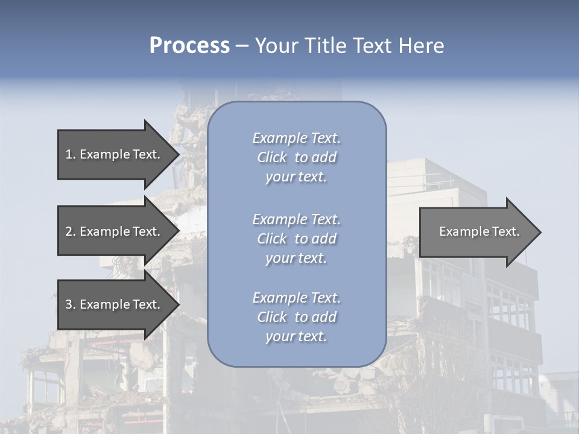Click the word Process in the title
click(x=189, y=46)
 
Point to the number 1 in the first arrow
click(x=69, y=154)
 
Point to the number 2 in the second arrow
click(x=69, y=231)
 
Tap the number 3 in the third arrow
click(x=69, y=304)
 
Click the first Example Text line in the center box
click(x=296, y=138)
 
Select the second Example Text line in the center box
click(x=296, y=219)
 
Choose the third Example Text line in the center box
click(x=296, y=298)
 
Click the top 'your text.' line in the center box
click(x=296, y=177)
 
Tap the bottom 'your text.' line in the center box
click(x=296, y=337)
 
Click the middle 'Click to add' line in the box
click(x=296, y=239)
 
